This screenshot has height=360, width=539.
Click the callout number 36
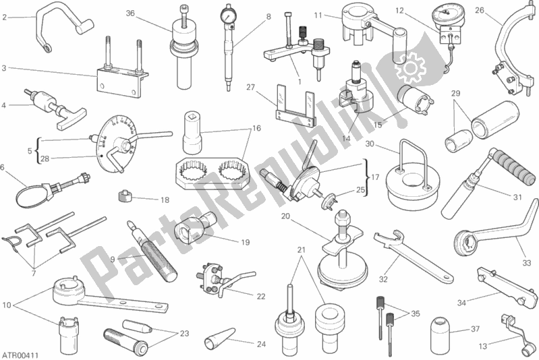[x=130, y=13]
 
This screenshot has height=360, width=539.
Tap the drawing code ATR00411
[x=18, y=352]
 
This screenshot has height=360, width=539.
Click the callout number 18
[x=165, y=200]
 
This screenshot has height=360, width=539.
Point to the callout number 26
[x=499, y=9]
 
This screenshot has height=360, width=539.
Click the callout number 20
[x=285, y=216]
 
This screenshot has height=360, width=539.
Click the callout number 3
[x=4, y=68]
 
